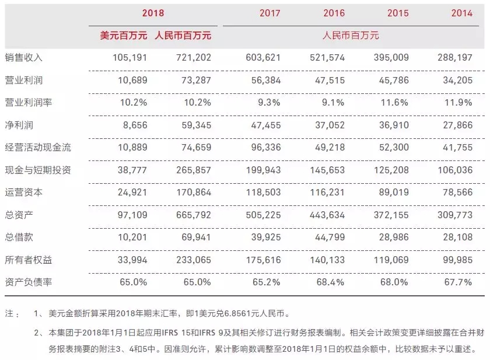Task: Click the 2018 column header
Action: [x=153, y=13]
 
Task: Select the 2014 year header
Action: [x=461, y=13]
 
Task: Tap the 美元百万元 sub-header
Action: [x=124, y=36]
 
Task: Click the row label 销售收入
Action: [x=23, y=58]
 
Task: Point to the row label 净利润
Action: [x=19, y=125]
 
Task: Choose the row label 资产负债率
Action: [x=28, y=282]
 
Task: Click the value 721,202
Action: [x=194, y=58]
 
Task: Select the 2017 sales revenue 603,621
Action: [x=263, y=58]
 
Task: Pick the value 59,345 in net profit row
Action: [x=196, y=125]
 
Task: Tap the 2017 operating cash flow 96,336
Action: [x=266, y=147]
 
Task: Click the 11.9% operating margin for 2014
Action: [x=458, y=103]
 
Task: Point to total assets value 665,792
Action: [x=194, y=215]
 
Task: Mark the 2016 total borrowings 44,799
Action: [x=330, y=237]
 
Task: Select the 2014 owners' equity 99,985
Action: [x=457, y=260]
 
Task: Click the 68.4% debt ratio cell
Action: [x=330, y=282]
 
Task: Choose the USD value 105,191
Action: [x=129, y=58]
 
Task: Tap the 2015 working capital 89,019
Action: [x=394, y=192]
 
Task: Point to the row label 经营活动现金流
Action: [x=38, y=147]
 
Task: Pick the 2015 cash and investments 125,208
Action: [x=391, y=170]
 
